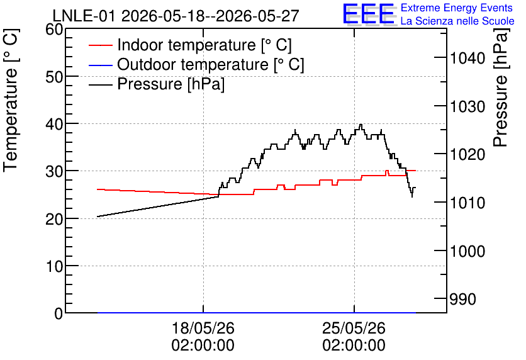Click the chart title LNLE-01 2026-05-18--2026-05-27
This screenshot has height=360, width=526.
point(176,16)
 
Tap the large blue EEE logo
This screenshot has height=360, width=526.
point(369,14)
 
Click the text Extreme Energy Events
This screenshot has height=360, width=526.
point(457,8)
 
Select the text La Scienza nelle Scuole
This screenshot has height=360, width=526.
point(457,21)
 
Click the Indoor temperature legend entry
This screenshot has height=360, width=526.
point(190,45)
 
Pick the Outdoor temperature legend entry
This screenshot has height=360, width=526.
point(196,64)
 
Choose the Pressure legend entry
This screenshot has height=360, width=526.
point(157,84)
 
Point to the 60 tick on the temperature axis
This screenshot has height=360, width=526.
point(54,30)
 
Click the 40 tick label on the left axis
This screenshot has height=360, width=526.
point(54,124)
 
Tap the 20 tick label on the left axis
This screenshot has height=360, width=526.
point(54,219)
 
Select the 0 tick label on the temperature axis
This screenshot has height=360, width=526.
point(59,313)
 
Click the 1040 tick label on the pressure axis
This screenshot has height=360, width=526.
point(467,59)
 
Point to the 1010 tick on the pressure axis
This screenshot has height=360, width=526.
point(467,203)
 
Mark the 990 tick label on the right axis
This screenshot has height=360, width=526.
point(463,299)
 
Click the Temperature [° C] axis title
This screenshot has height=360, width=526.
point(11,100)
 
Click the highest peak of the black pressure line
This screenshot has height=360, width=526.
point(361,125)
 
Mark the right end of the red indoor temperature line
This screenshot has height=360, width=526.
point(416,171)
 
